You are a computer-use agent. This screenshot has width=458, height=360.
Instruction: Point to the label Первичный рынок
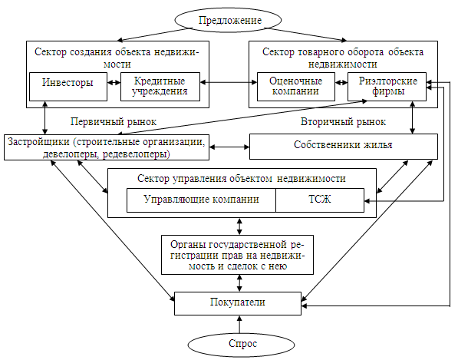pos(114,121)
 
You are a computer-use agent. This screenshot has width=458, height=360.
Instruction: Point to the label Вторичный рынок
pos(343,121)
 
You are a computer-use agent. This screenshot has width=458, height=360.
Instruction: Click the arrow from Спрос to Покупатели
pos(240,325)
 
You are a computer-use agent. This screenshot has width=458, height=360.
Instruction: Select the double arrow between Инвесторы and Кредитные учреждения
pos(114,83)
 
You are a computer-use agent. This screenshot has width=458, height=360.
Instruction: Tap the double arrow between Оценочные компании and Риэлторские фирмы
pos(341,83)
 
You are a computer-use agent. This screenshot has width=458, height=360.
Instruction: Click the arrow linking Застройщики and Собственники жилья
pos(229,147)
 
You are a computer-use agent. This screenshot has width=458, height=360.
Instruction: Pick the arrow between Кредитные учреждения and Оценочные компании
pos(229,83)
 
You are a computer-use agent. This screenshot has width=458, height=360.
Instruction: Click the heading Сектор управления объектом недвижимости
pos(241,178)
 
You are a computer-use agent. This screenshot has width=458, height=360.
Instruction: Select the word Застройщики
pos(38,142)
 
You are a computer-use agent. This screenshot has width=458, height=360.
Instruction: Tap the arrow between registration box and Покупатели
pos(239,282)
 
